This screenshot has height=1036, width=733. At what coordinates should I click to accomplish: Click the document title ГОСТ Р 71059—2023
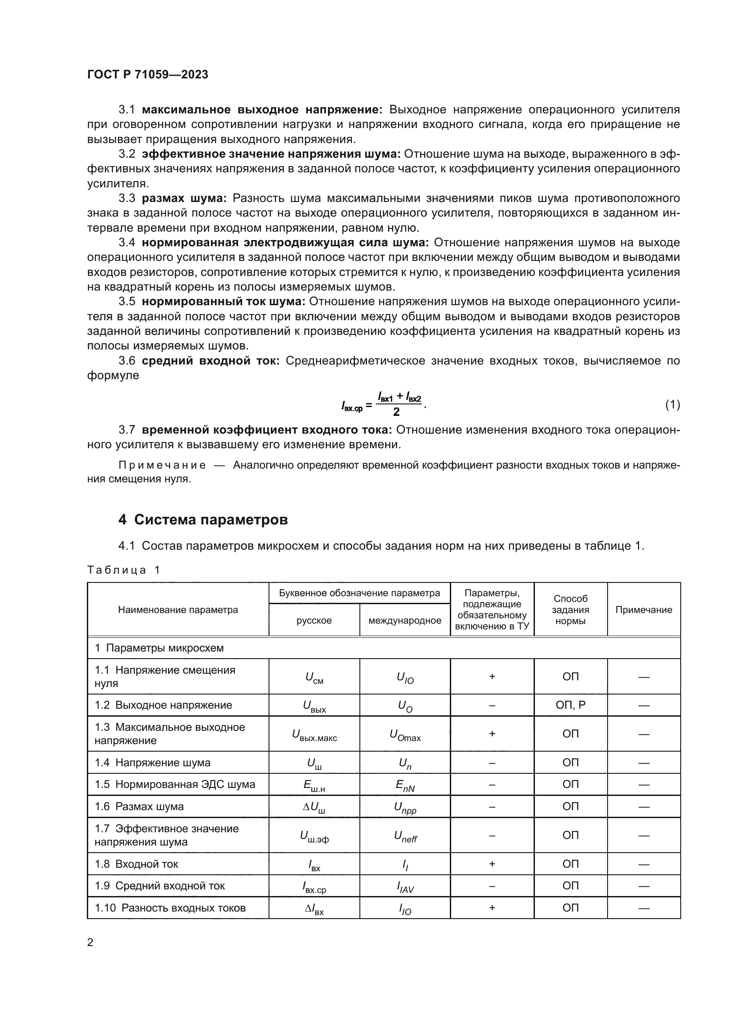click(148, 74)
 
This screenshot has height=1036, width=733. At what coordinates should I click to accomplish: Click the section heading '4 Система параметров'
click(203, 520)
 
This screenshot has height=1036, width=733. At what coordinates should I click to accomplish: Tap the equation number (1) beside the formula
click(673, 405)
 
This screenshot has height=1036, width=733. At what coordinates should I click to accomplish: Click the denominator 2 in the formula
click(396, 412)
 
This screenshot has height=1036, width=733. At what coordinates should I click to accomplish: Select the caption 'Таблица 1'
click(124, 570)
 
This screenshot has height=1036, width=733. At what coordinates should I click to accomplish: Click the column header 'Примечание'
click(643, 609)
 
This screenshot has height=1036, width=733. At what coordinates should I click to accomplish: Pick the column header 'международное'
click(405, 621)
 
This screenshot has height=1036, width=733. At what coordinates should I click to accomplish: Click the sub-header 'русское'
click(314, 621)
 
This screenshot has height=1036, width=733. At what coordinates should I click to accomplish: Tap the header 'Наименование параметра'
click(178, 609)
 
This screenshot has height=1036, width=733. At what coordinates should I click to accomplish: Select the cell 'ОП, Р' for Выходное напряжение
click(570, 705)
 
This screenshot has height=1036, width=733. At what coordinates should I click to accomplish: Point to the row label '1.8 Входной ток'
click(136, 864)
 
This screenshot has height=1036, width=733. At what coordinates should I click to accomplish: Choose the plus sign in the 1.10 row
click(492, 908)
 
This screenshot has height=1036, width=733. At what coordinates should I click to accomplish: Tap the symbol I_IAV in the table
click(405, 887)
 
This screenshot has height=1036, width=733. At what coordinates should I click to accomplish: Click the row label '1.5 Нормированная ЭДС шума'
click(175, 785)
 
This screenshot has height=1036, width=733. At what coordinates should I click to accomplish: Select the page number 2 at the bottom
click(90, 942)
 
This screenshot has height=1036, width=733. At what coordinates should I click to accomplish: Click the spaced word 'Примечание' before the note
click(162, 465)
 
